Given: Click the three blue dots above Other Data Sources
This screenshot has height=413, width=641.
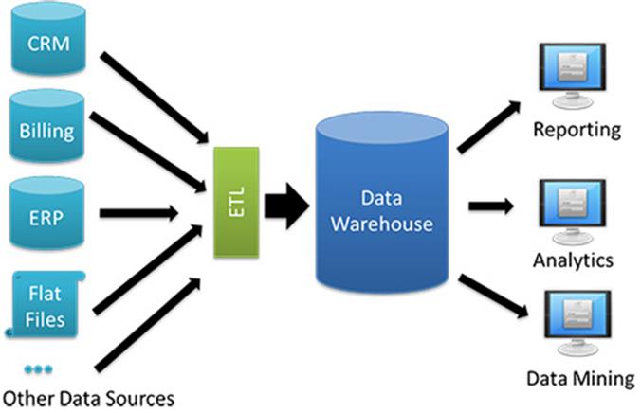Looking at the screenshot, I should coord(38,367).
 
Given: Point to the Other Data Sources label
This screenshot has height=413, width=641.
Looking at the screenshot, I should coord(89,395).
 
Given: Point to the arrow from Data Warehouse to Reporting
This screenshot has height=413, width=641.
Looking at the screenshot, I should coord(489,124).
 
